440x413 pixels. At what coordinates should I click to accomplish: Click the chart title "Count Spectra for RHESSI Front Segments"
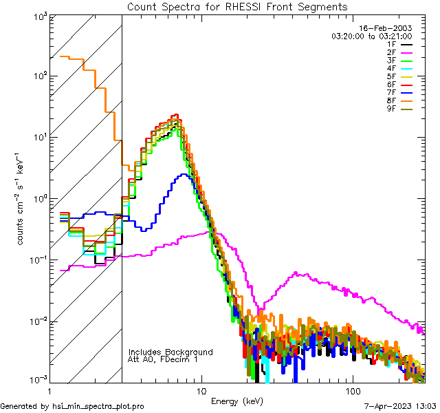pyautogui.click(x=237, y=7)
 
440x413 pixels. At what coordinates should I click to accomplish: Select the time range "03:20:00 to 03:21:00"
pyautogui.click(x=371, y=36)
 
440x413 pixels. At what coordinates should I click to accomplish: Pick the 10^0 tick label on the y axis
pyautogui.click(x=38, y=199)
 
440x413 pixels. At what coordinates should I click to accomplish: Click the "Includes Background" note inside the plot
pyautogui.click(x=170, y=352)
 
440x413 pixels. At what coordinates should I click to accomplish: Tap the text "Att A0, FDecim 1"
pyautogui.click(x=162, y=359)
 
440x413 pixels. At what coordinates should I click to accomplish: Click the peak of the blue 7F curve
pyautogui.click(x=183, y=175)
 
